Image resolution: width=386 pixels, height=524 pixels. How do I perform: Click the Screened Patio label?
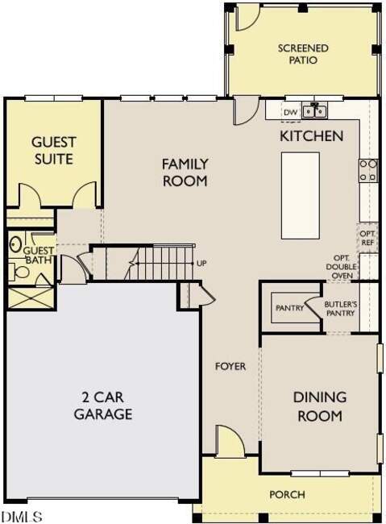click(x=303, y=54)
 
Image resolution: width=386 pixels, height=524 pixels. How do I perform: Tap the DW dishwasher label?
click(x=290, y=113)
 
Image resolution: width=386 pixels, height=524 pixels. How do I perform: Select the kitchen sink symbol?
click(x=314, y=110)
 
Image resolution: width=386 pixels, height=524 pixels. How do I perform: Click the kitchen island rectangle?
click(x=300, y=196)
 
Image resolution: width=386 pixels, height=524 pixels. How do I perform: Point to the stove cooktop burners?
click(x=368, y=170)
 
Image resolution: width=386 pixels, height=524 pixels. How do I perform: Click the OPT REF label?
click(x=367, y=238)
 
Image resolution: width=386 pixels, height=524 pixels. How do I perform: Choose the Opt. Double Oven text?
click(x=341, y=267)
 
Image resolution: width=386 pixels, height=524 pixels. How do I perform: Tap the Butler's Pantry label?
click(x=340, y=309)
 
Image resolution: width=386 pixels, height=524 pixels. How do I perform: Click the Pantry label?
click(x=290, y=308)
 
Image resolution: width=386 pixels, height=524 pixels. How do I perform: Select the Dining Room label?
click(x=320, y=406)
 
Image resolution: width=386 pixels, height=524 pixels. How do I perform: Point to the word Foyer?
click(x=230, y=366)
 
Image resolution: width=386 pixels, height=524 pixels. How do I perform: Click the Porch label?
click(x=287, y=494)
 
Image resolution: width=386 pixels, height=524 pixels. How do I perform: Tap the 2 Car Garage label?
click(x=103, y=405)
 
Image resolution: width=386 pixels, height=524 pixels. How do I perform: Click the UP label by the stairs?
click(x=201, y=264)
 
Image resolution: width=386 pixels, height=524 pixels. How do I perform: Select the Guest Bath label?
click(x=39, y=256)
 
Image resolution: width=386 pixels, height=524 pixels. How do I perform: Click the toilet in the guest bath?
click(x=19, y=272)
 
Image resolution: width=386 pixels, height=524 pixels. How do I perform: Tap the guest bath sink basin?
click(x=15, y=244)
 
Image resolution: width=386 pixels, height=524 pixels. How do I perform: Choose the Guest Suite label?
click(x=54, y=151)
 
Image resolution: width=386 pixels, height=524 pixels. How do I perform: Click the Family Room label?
click(x=185, y=173)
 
